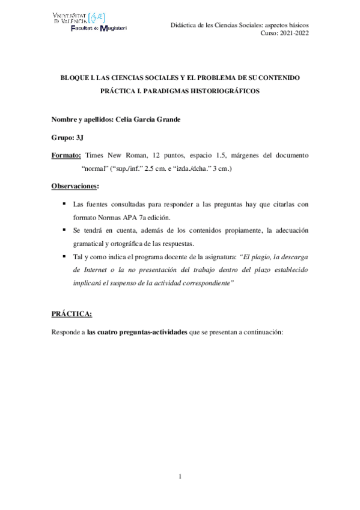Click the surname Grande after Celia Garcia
(x=168, y=119)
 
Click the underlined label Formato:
(x=67, y=155)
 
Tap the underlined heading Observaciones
(x=75, y=186)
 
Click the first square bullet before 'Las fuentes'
(x=64, y=204)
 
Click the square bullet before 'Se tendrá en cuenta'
(x=64, y=230)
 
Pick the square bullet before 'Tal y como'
(x=64, y=257)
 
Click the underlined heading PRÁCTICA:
(x=72, y=314)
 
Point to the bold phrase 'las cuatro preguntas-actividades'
(x=136, y=333)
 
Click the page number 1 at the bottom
(x=180, y=478)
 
